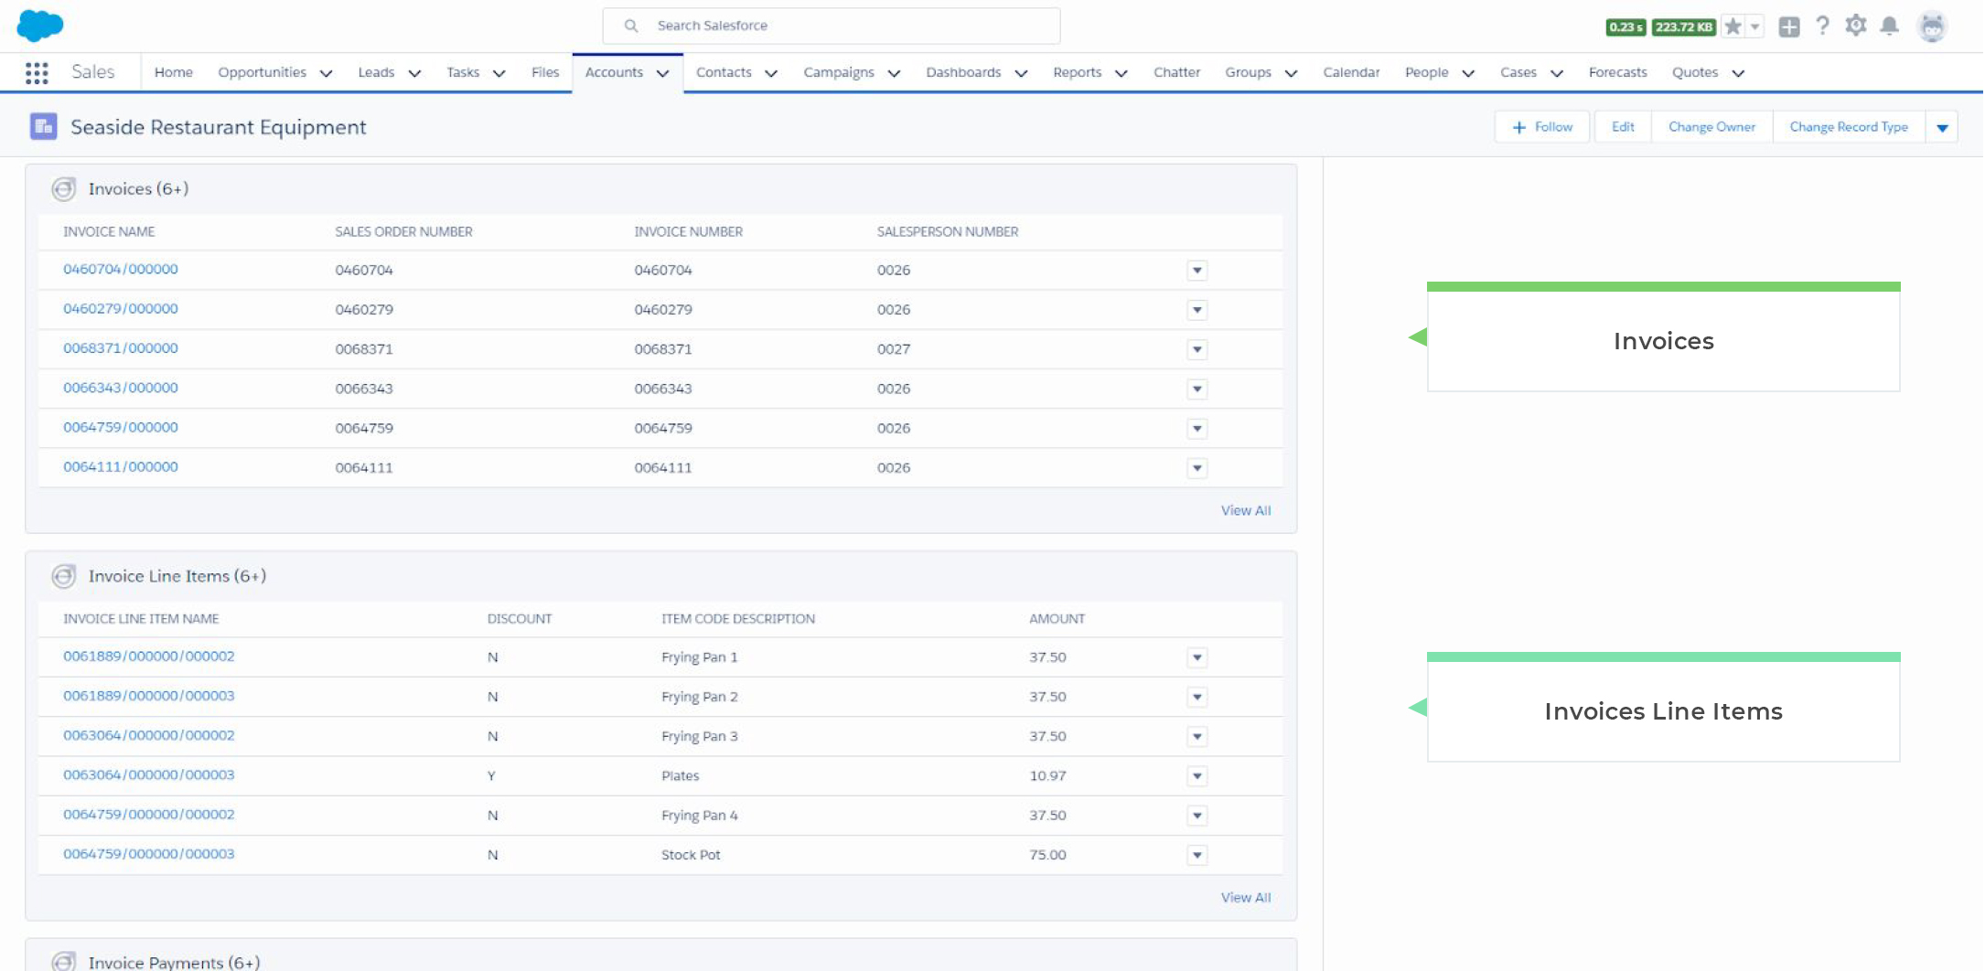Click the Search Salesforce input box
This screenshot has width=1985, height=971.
tap(831, 26)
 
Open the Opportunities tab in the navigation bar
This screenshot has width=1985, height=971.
tap(262, 72)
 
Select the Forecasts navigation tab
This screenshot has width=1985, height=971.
tap(1616, 72)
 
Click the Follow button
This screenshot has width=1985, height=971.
tap(1542, 127)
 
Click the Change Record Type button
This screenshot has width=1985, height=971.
tap(1848, 127)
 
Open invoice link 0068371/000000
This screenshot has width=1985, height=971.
tap(121, 348)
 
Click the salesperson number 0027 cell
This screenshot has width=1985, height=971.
tap(893, 349)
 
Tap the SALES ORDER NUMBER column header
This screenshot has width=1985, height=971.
tap(403, 232)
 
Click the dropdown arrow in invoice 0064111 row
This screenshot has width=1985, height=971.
tap(1196, 468)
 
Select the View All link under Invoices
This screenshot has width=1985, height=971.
tap(1245, 510)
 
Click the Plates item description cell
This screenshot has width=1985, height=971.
tap(680, 776)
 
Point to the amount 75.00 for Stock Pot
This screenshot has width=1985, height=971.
tap(1047, 855)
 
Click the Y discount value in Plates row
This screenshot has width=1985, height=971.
tap(491, 776)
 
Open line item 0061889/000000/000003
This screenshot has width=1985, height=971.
tap(149, 696)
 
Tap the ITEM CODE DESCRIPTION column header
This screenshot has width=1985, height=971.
tap(737, 619)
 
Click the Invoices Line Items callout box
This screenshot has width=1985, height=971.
tap(1662, 711)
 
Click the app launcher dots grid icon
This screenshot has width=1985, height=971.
tap(37, 73)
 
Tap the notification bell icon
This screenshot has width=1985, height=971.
tap(1889, 27)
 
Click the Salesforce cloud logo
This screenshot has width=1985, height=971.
tap(40, 26)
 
